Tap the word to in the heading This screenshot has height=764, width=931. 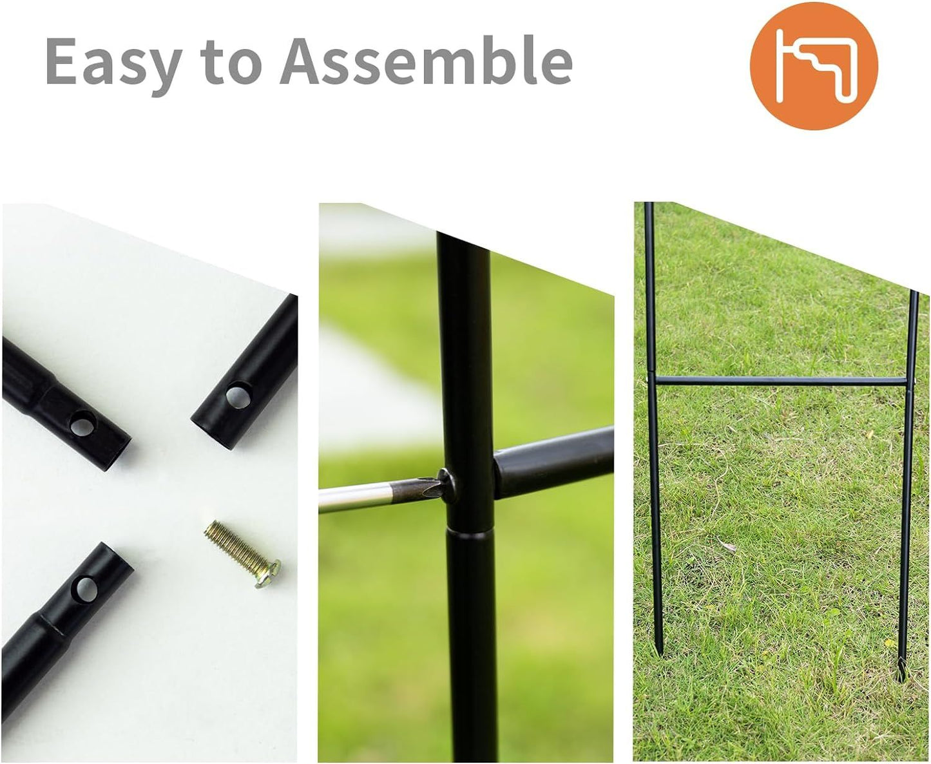point(233,62)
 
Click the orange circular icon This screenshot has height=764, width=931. point(814,66)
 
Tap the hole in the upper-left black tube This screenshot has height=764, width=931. point(82,423)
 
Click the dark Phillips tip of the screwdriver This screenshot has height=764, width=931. point(417,488)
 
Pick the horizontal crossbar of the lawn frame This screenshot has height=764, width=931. point(782,381)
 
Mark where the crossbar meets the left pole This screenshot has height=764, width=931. point(653,380)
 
